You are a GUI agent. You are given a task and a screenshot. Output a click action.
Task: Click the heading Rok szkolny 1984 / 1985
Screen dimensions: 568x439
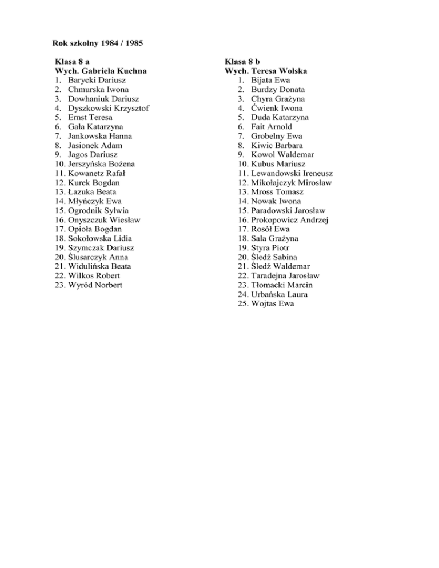click(98, 43)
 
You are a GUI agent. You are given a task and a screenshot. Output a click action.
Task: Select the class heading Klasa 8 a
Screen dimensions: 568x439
click(71, 62)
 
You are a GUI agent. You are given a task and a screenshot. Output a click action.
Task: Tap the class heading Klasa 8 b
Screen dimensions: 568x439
click(242, 62)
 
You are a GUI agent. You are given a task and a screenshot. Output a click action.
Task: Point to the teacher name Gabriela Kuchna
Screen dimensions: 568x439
click(111, 71)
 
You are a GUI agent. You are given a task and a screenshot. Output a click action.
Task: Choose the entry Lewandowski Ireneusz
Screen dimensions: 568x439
click(292, 173)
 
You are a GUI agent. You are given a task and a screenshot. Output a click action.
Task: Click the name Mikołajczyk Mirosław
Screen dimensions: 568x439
click(292, 182)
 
